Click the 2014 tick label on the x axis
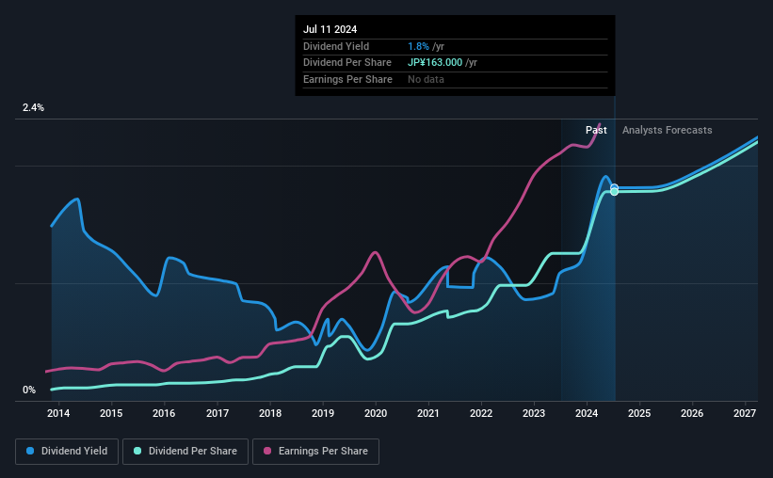(x=58, y=413)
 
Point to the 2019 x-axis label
(x=323, y=413)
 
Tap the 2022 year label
(x=481, y=413)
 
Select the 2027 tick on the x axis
(x=745, y=413)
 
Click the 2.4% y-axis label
(x=33, y=108)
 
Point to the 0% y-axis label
(x=29, y=390)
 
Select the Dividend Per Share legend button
(x=191, y=452)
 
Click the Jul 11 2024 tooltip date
(x=330, y=30)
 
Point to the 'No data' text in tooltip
(x=426, y=79)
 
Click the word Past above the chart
(x=596, y=130)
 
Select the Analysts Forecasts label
(x=667, y=130)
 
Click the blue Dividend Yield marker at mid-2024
(x=614, y=187)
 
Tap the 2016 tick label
(x=164, y=413)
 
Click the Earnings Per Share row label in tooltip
(x=347, y=79)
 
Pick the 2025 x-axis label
(x=639, y=413)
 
